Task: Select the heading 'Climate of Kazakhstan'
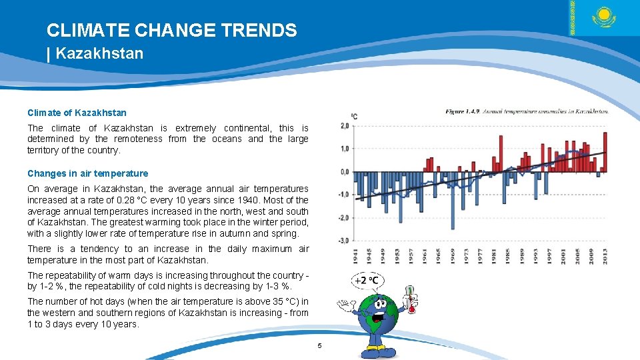click(77, 113)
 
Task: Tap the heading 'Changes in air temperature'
click(87, 173)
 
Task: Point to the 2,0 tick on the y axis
click(344, 126)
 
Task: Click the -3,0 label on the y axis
click(344, 241)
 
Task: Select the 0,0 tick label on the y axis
click(344, 172)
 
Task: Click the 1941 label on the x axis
click(356, 257)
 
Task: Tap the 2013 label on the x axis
click(605, 257)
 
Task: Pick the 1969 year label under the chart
click(453, 257)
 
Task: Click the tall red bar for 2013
click(605, 152)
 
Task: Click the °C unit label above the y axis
click(354, 116)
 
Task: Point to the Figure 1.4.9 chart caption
click(527, 111)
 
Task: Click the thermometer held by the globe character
click(411, 299)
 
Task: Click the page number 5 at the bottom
click(319, 345)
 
